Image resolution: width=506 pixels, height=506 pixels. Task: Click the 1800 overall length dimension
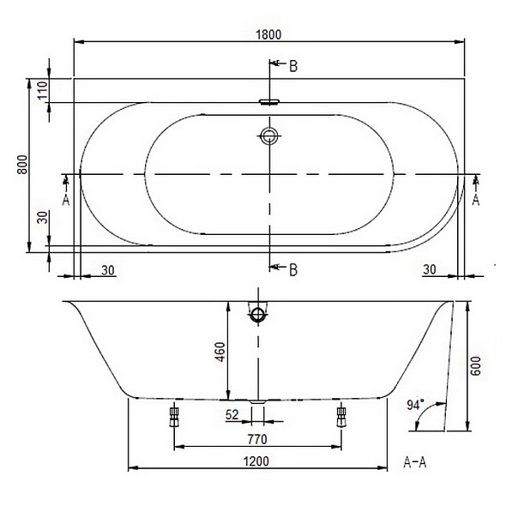click(268, 33)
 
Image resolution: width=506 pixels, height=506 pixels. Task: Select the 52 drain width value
click(232, 415)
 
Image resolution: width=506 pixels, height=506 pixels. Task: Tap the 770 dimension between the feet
click(258, 439)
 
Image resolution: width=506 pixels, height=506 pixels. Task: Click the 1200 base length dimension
click(256, 461)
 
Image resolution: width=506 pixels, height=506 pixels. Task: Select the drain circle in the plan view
click(270, 136)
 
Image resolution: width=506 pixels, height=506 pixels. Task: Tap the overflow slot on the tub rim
click(270, 101)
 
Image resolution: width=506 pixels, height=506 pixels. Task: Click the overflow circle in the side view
click(256, 315)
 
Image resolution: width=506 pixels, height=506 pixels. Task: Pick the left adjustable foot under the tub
click(174, 417)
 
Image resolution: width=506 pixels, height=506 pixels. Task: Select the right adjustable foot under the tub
click(341, 417)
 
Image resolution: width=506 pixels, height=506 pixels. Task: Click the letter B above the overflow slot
click(292, 67)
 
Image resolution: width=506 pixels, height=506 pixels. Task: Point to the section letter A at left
click(65, 199)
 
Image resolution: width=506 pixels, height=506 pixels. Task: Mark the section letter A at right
click(476, 199)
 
